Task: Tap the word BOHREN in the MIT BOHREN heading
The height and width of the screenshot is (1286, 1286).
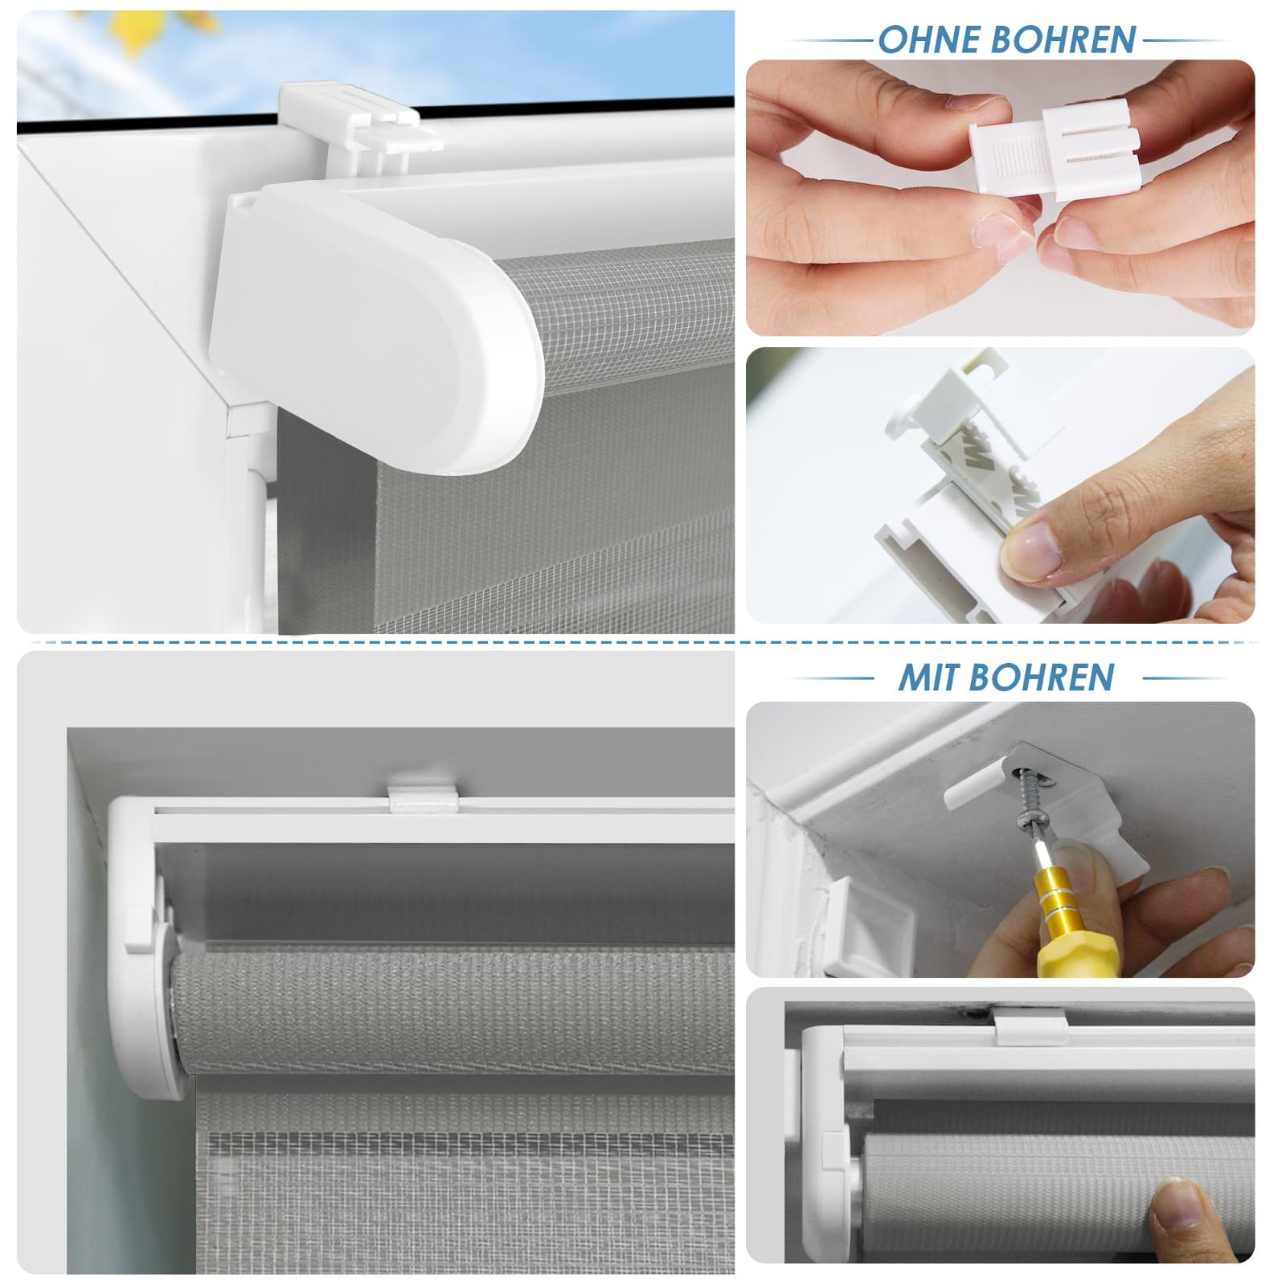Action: [x=1045, y=678]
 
